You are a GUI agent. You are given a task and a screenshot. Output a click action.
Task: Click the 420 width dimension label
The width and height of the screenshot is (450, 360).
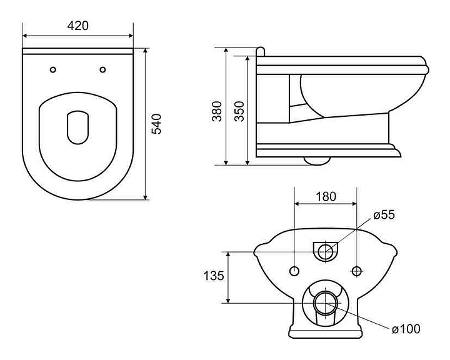[x=77, y=26]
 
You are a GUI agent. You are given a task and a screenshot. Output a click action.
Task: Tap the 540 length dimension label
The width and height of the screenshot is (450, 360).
[x=157, y=124]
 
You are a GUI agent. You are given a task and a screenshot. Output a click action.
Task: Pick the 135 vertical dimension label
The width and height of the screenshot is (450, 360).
[x=214, y=276]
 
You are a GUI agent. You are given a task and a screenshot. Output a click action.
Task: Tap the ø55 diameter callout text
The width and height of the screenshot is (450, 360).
[x=384, y=215]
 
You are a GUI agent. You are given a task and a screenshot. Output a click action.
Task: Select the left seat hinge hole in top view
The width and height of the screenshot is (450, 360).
[x=52, y=69]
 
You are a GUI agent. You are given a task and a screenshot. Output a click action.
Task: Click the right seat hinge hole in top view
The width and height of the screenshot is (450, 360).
[x=103, y=69]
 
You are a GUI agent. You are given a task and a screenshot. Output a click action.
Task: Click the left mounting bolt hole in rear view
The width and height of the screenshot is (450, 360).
[x=294, y=271]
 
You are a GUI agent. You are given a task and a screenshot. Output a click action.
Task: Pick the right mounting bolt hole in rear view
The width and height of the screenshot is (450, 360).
[x=356, y=271]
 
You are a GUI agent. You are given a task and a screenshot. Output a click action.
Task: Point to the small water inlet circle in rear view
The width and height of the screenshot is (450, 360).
[x=325, y=251]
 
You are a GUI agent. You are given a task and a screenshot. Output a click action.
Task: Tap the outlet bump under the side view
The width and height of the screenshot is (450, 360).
[x=317, y=160]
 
